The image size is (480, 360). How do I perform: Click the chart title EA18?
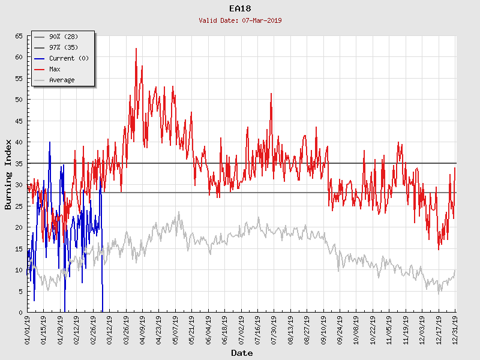[240, 8]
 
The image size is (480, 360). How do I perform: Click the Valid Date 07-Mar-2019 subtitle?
[240, 20]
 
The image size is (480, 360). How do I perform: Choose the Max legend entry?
[55, 69]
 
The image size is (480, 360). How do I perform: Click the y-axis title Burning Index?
[8, 174]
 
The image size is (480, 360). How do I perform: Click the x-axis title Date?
[242, 353]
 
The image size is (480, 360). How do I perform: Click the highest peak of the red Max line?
[136, 49]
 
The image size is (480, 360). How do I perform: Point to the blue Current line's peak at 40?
[50, 142]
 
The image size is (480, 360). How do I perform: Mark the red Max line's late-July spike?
[271, 94]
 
